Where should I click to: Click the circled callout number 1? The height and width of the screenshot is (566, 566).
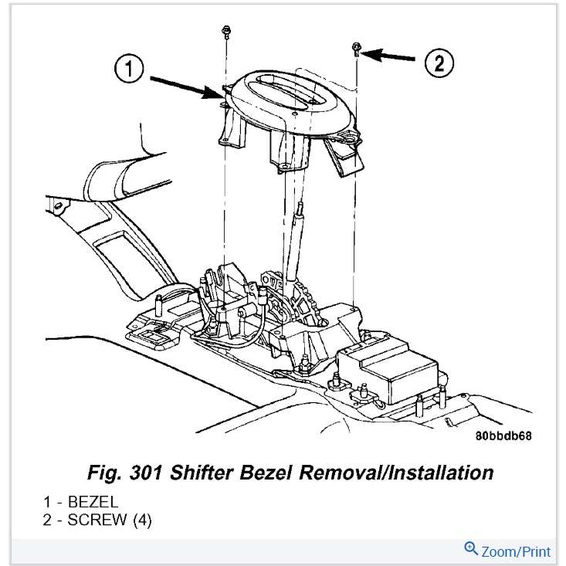click(x=130, y=69)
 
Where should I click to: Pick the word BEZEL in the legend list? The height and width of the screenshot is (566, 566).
click(x=92, y=503)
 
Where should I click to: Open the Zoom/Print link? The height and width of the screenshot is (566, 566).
click(x=515, y=551)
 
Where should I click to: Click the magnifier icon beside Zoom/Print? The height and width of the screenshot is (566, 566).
click(x=471, y=550)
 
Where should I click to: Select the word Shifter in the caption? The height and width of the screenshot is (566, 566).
click(x=201, y=472)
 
